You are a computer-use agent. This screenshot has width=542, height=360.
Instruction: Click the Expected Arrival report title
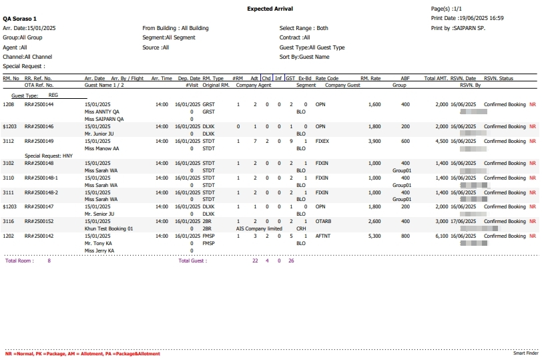coord(270,9)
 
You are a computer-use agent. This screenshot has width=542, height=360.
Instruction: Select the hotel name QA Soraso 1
coord(20,19)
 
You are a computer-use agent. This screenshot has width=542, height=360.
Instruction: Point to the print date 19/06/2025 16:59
coord(467,18)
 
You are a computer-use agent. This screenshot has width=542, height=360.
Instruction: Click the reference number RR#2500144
coord(39,105)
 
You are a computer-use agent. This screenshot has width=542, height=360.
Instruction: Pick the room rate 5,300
coord(374,236)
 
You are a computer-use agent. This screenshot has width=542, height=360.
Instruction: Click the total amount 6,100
coord(441,236)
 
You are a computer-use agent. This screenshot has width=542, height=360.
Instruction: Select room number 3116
coord(9,221)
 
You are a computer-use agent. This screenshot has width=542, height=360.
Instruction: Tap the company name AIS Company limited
coord(259,228)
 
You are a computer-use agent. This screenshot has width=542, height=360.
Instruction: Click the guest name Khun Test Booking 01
coord(109,228)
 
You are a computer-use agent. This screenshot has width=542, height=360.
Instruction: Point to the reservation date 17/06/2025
coord(463,221)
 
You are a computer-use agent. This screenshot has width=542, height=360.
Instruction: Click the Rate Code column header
coord(327,79)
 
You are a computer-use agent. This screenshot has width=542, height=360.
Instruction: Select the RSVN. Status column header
coord(499,79)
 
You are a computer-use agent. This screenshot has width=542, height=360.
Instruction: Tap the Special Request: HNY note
coord(49,155)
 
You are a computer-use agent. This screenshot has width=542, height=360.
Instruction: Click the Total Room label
coord(19,261)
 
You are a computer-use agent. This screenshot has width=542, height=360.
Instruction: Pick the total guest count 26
coord(291,261)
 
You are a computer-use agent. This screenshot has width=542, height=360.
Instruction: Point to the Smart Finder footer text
coord(525,353)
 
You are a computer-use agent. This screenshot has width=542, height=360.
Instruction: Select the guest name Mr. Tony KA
coord(99,243)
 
